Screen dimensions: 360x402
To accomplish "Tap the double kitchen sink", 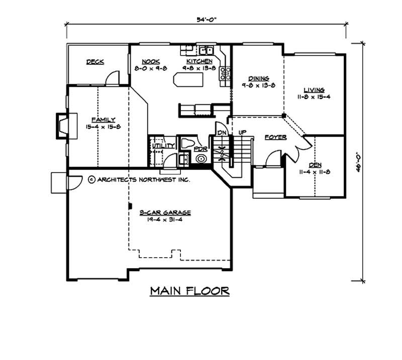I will click(205, 50).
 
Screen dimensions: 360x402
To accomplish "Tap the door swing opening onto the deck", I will click(113, 78).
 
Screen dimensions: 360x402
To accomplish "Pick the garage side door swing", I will click(73, 182).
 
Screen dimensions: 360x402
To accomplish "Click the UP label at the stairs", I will click(242, 132).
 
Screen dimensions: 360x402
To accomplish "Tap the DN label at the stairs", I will click(221, 132).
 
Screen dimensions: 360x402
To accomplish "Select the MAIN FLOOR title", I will click(190, 291).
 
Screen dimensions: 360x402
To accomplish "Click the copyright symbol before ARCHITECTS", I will click(91, 179).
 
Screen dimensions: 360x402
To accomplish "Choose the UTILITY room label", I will click(163, 146).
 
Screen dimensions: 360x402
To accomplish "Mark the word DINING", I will click(259, 78).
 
